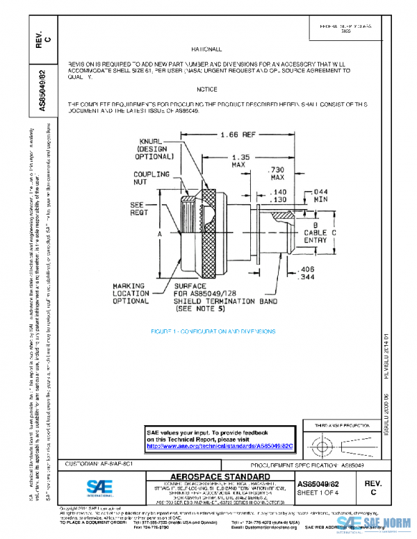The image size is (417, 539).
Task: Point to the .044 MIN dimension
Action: (320, 195)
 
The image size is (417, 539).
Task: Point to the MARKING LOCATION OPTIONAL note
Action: (129, 293)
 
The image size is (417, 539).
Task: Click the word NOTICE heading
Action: (207, 90)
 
